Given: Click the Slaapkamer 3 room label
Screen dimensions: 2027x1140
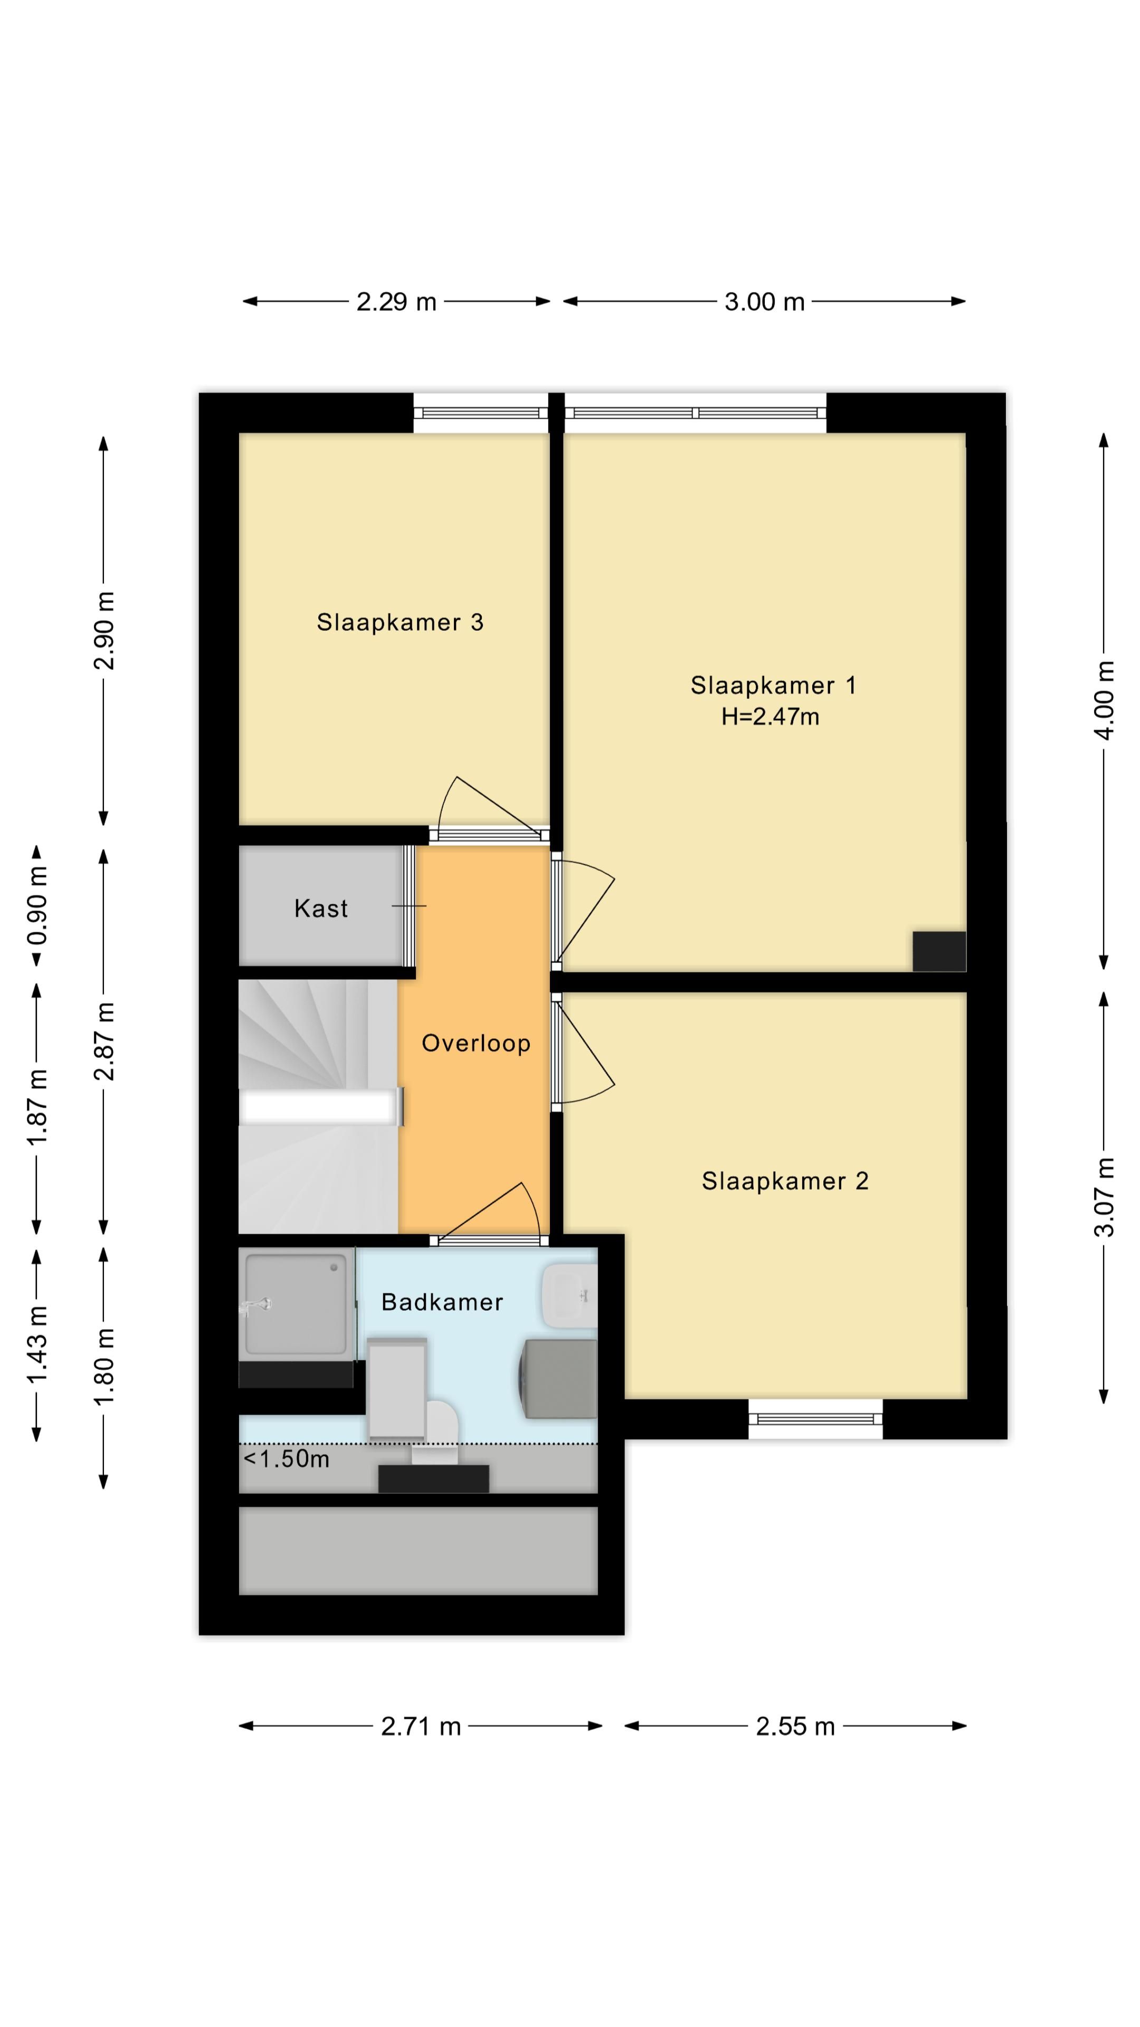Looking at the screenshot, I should coord(400,622).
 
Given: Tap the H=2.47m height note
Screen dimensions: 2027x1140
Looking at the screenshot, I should coord(770,717).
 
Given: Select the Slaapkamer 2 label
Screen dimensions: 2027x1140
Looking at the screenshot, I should coord(784,1181).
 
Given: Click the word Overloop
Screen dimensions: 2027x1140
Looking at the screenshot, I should coord(476,1044).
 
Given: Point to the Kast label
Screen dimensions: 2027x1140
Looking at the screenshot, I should coord(321,909).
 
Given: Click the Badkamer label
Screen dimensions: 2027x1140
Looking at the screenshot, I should coord(442,1302).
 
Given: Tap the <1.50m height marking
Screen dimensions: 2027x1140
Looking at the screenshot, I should coord(287,1459).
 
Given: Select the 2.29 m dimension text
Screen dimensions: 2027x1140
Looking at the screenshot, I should coord(396,302).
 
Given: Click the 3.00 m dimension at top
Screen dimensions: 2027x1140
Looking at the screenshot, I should coord(764,302).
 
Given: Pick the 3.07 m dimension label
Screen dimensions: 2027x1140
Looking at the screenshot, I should coord(1105,1197).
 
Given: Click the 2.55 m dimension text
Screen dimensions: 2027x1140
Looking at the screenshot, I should coord(795,1727).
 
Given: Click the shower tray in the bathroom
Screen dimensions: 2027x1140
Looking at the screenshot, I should coord(296,1305).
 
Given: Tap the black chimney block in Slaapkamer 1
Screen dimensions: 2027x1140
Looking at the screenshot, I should coord(938,951).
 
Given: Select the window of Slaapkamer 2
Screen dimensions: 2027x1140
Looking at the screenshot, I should coord(814,1419).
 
